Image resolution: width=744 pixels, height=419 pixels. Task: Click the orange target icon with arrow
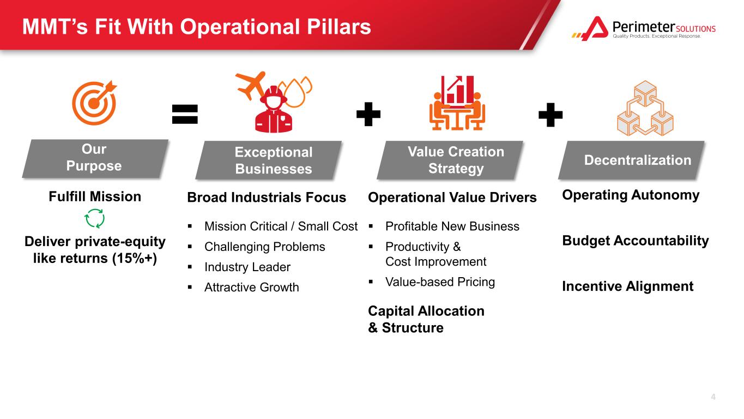coord(94,103)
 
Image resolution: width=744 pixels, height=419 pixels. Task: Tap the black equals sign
coord(185,114)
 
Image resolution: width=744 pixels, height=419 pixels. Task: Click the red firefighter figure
coord(274,110)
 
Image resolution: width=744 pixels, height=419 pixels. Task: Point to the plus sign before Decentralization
coord(551,115)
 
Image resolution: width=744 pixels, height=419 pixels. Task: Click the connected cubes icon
coord(645,108)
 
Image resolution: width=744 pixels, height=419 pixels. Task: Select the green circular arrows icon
coord(95,218)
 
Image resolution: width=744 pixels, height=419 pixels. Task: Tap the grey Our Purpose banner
coord(95,158)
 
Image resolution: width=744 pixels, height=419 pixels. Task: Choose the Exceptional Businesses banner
coord(269,160)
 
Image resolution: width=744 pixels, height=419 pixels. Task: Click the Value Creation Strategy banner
coord(450,160)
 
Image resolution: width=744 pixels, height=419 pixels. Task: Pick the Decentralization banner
coord(631,160)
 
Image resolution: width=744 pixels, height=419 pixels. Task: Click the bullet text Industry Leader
coord(247,267)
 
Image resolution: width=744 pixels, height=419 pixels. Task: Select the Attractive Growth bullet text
coord(252,288)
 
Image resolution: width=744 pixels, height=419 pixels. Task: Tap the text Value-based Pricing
coord(440,282)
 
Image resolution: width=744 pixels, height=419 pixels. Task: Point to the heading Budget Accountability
coord(636,241)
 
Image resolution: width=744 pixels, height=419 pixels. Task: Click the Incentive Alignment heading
coord(628,286)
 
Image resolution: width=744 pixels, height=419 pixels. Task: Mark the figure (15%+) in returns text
coord(135,259)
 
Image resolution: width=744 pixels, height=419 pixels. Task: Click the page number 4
coord(713,397)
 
